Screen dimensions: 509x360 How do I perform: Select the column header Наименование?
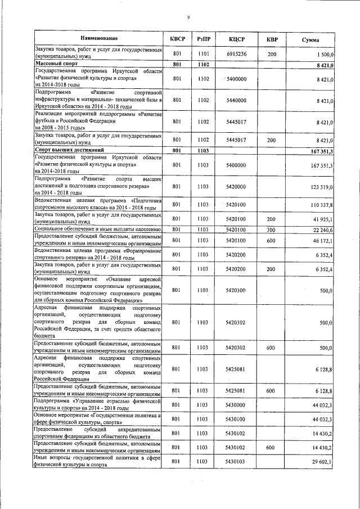tap(99, 39)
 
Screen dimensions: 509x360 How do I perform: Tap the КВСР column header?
tap(177, 39)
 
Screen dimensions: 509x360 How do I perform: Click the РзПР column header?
tap(204, 39)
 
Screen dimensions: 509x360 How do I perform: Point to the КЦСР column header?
tap(236, 39)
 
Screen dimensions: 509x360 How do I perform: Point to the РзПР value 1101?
tap(204, 55)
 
